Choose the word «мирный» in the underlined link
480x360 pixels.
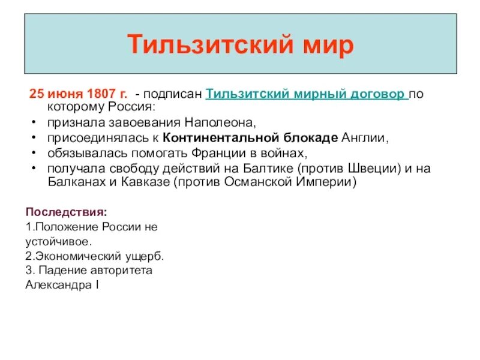tap(316, 94)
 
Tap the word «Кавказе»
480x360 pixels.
tap(139, 183)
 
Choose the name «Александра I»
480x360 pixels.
tap(62, 284)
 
